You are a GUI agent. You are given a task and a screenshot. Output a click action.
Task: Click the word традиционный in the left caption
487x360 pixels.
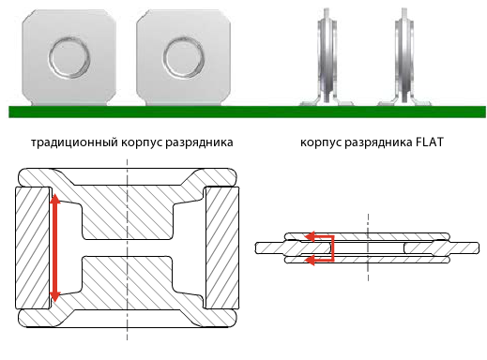coord(74,142)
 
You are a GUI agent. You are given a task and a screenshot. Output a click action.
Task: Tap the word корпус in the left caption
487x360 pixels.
coord(142,143)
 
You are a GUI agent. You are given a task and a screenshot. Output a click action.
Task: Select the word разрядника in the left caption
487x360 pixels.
coord(199,143)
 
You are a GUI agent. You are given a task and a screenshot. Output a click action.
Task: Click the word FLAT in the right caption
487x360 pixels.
coord(430,142)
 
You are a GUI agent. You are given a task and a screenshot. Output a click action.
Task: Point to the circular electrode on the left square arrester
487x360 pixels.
coord(69,58)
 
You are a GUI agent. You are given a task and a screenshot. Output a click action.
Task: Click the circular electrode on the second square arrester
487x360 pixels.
coord(184,58)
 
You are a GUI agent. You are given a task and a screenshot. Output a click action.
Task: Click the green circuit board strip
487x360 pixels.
coord(247,112)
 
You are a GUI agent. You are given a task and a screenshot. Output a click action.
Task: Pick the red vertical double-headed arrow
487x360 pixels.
coord(55,247)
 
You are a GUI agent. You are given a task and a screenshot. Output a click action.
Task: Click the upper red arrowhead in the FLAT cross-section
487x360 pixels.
coord(311,237)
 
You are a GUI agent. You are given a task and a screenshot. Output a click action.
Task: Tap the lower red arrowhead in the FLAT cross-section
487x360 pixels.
coord(311,260)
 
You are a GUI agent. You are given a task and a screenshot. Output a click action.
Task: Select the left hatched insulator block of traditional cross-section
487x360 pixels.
coord(33,247)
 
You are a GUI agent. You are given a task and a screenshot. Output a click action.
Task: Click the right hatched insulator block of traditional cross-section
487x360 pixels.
coord(221,247)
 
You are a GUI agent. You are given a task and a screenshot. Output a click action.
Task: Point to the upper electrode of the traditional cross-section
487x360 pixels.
coord(127,203)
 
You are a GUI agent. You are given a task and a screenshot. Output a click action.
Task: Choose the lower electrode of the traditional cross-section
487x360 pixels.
coord(127,292)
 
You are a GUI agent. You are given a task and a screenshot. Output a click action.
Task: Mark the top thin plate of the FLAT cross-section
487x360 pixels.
coord(368,236)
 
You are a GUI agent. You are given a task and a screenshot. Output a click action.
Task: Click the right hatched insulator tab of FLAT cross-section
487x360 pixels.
coord(442,248)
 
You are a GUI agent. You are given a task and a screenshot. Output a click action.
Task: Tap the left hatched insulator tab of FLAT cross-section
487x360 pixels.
coord(294,248)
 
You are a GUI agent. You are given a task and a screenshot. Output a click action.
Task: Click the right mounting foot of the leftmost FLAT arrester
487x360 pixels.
coord(343,101)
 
